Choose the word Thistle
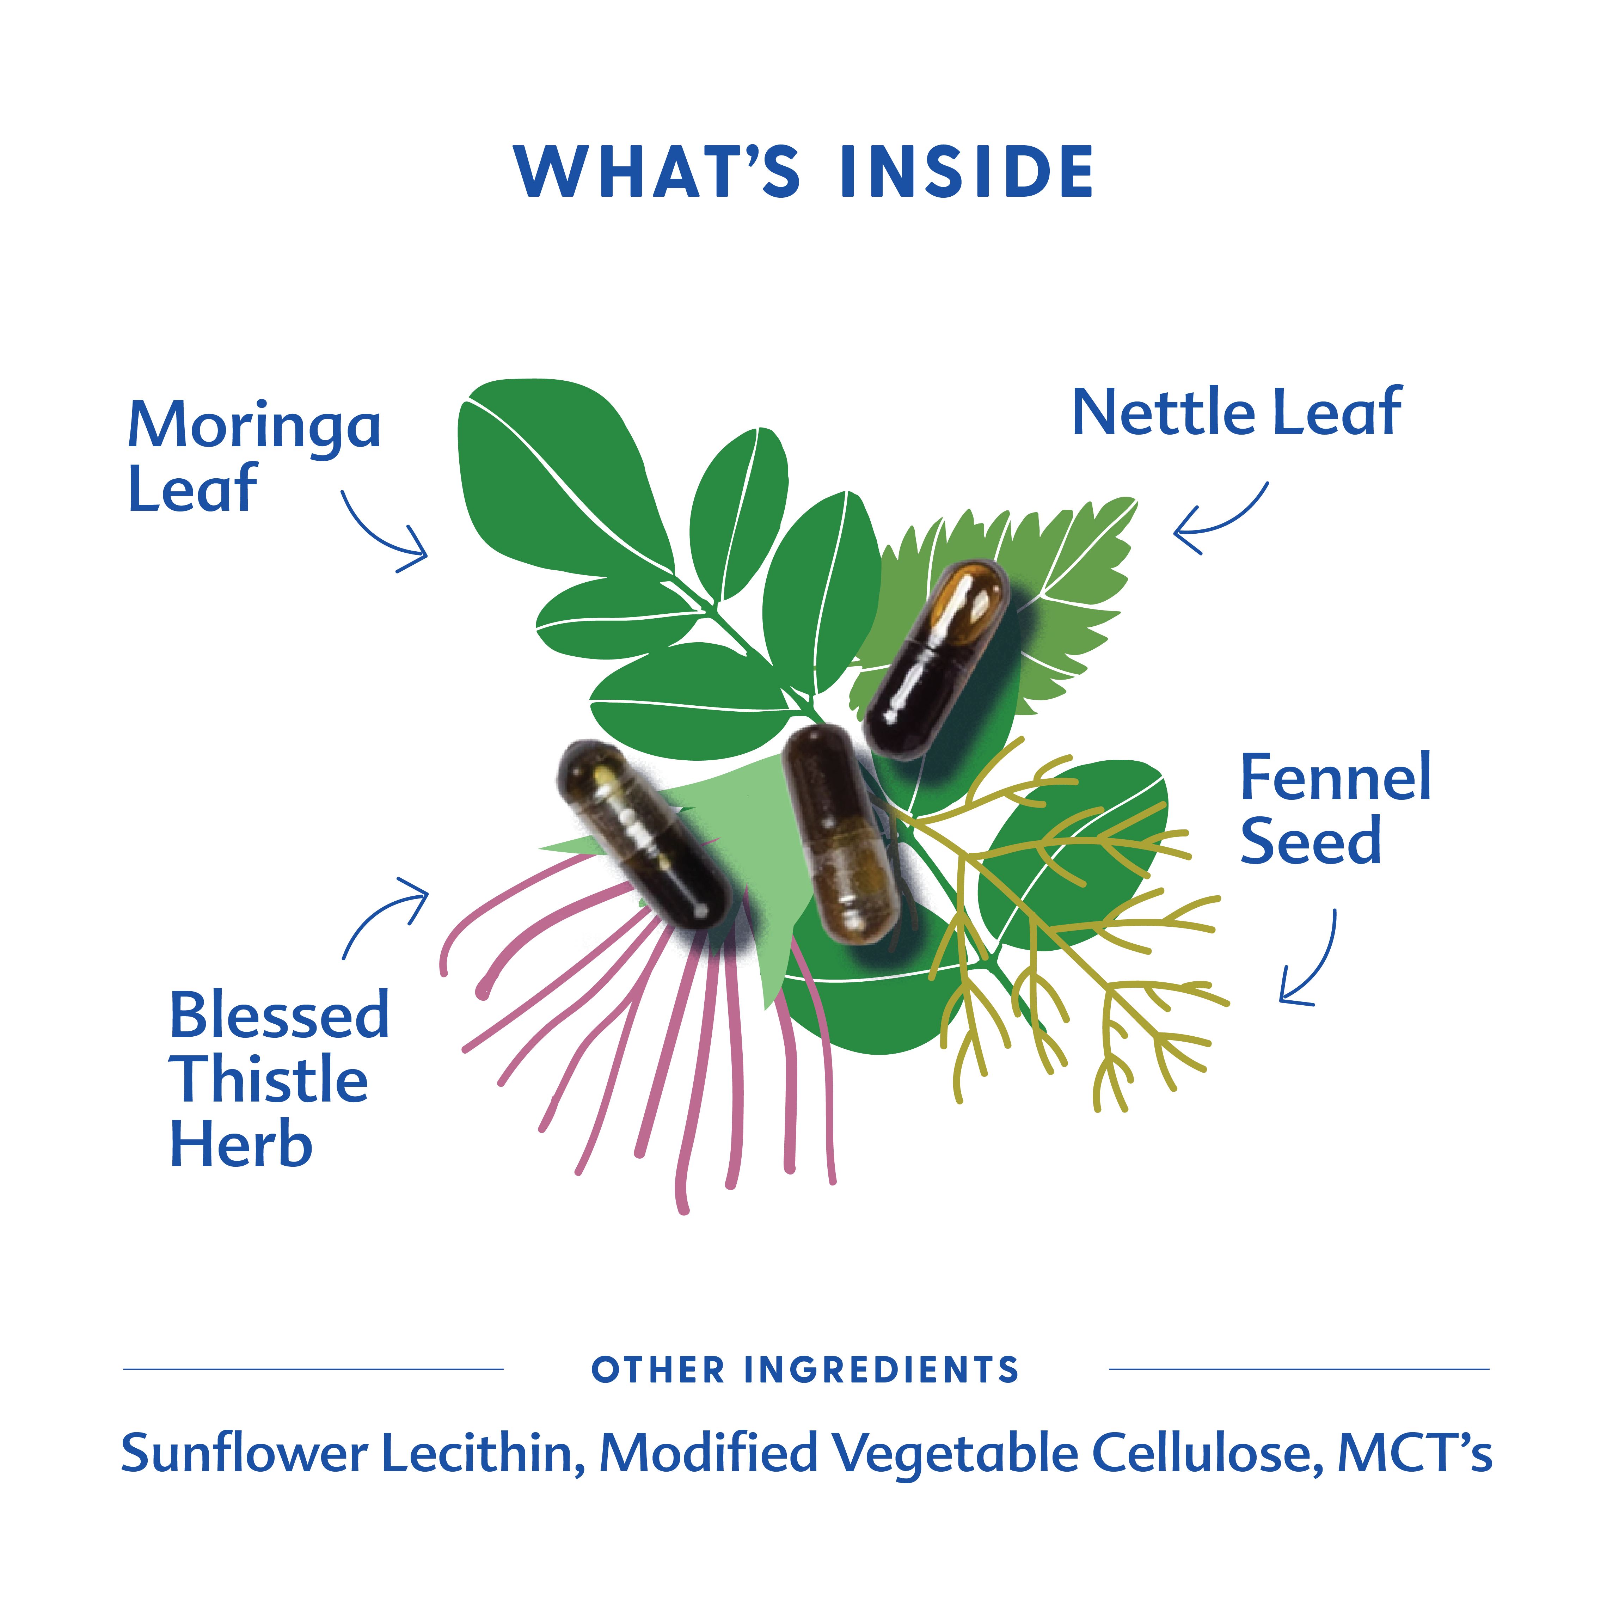pos(269,1080)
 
